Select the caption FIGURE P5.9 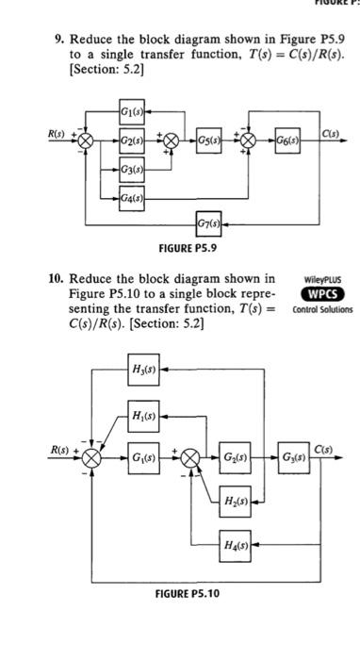coord(189,248)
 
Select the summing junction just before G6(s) coord(252,142)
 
